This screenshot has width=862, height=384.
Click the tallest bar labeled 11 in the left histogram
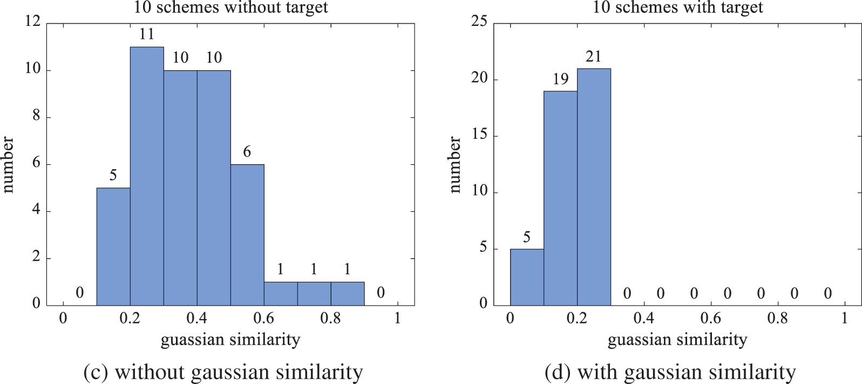coord(147,176)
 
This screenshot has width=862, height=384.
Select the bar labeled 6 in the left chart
coord(247,235)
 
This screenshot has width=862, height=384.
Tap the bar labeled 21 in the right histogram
coord(594,186)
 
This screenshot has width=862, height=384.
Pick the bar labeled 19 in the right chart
coord(560,198)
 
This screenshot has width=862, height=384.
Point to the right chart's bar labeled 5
coord(527,277)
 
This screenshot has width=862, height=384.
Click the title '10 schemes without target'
coord(230,8)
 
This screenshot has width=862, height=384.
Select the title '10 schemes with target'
coord(677,8)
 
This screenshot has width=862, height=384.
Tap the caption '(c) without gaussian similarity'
coord(223,372)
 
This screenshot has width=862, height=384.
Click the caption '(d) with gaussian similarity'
coord(670,372)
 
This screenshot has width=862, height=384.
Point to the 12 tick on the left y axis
coord(33,22)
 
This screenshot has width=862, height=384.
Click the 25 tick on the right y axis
coord(479,22)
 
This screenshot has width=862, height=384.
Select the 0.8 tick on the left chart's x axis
coord(330,318)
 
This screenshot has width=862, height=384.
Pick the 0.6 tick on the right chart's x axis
coord(710,318)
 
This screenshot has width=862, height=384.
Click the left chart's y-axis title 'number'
coord(8,165)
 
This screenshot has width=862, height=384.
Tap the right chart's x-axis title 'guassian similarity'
coord(677,340)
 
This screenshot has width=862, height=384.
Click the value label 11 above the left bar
coord(147,35)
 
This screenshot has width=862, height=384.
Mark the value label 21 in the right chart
coord(594,57)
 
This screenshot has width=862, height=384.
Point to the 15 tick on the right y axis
coord(479,135)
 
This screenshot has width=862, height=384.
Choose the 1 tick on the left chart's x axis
coord(398,318)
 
